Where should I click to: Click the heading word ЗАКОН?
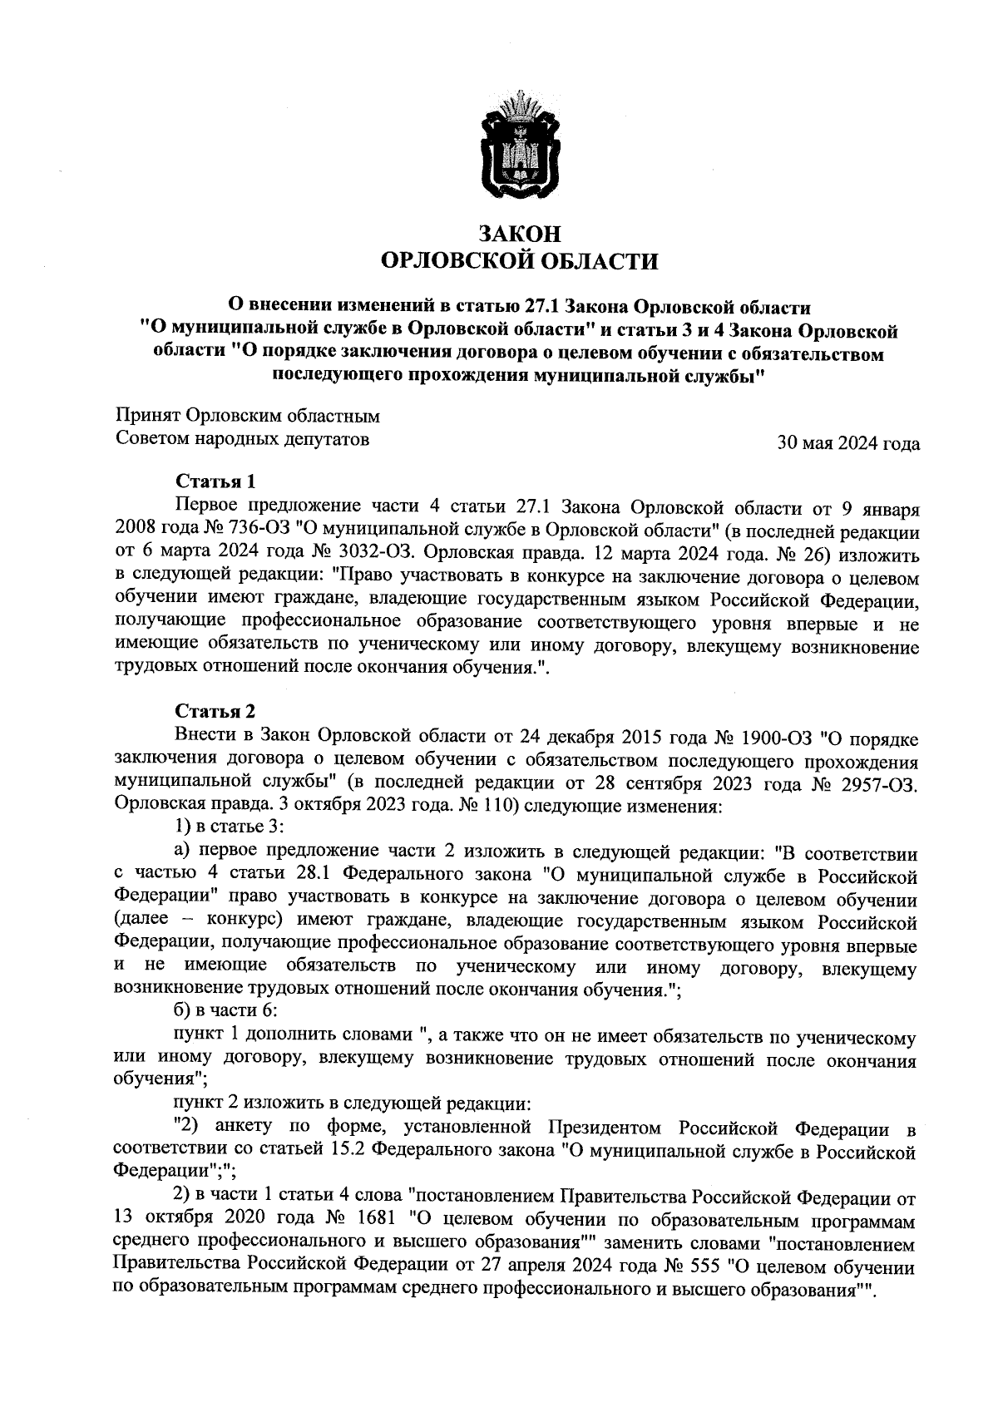pyautogui.click(x=517, y=234)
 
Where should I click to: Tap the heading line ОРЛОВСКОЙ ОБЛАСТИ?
pyautogui.click(x=517, y=263)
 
